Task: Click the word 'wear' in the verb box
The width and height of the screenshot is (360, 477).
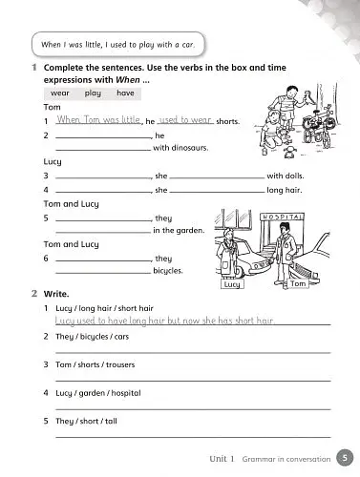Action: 61,93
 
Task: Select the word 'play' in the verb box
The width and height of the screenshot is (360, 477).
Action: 93,93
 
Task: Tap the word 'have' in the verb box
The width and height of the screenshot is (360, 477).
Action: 124,93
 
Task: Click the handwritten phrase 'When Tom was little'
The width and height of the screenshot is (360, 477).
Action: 99,120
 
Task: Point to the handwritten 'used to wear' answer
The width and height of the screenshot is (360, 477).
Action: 185,120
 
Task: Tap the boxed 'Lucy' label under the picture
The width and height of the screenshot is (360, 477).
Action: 231,283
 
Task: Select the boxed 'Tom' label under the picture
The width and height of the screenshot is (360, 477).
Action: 297,283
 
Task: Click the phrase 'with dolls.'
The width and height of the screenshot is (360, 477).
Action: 287,176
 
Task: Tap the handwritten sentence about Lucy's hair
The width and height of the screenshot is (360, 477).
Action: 165,321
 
